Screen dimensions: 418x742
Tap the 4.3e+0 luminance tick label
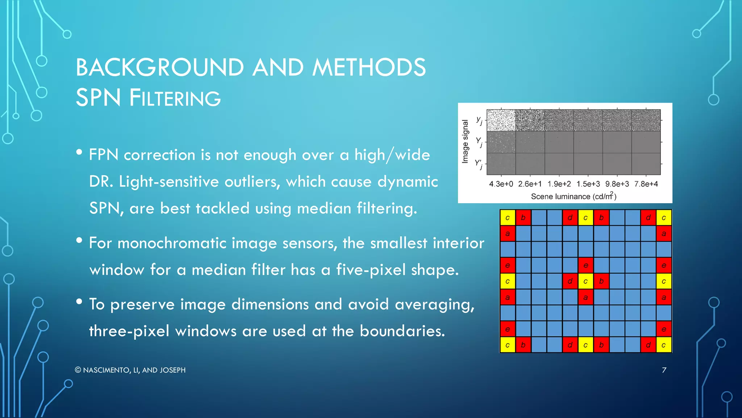pyautogui.click(x=501, y=184)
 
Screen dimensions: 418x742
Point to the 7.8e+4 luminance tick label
pyautogui.click(x=646, y=184)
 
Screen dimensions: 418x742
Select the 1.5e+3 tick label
pyautogui.click(x=588, y=184)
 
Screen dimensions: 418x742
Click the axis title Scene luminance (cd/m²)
pyautogui.click(x=574, y=196)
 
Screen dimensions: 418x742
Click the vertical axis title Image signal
pyautogui.click(x=465, y=142)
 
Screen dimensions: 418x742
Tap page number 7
pyautogui.click(x=664, y=370)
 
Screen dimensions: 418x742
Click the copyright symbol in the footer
pyautogui.click(x=78, y=370)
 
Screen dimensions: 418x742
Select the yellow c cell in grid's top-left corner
pyautogui.click(x=508, y=218)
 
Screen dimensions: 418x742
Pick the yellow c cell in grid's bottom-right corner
pyautogui.click(x=663, y=345)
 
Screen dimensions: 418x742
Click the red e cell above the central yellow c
pyautogui.click(x=585, y=265)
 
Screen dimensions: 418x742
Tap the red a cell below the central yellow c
pyautogui.click(x=585, y=297)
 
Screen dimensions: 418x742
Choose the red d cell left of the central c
pyautogui.click(x=570, y=281)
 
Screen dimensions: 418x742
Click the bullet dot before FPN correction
pyautogui.click(x=79, y=152)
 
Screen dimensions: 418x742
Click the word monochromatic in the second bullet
pyautogui.click(x=161, y=243)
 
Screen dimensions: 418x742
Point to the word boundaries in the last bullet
pyautogui.click(x=402, y=331)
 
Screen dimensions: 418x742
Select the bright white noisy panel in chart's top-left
pyautogui.click(x=501, y=120)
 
